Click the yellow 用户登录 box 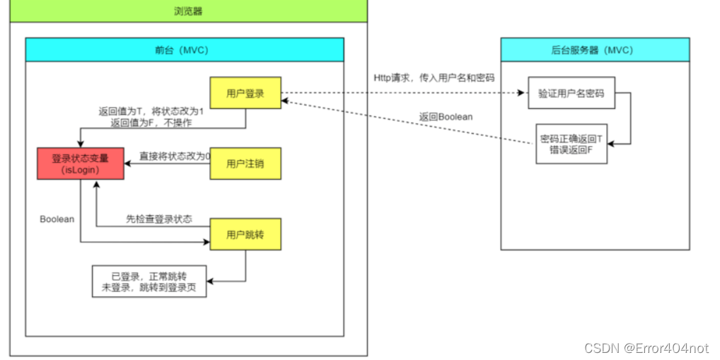click(245, 93)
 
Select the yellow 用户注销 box click(245, 164)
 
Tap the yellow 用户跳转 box click(245, 235)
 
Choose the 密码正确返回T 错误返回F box click(571, 144)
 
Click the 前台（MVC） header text click(184, 50)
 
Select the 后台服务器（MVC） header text click(595, 50)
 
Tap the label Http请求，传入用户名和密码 click(434, 77)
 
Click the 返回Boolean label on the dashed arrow click(446, 117)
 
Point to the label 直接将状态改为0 click(175, 156)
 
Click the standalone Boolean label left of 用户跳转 click(57, 219)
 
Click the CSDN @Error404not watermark click(646, 347)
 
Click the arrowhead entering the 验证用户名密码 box click(523, 93)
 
